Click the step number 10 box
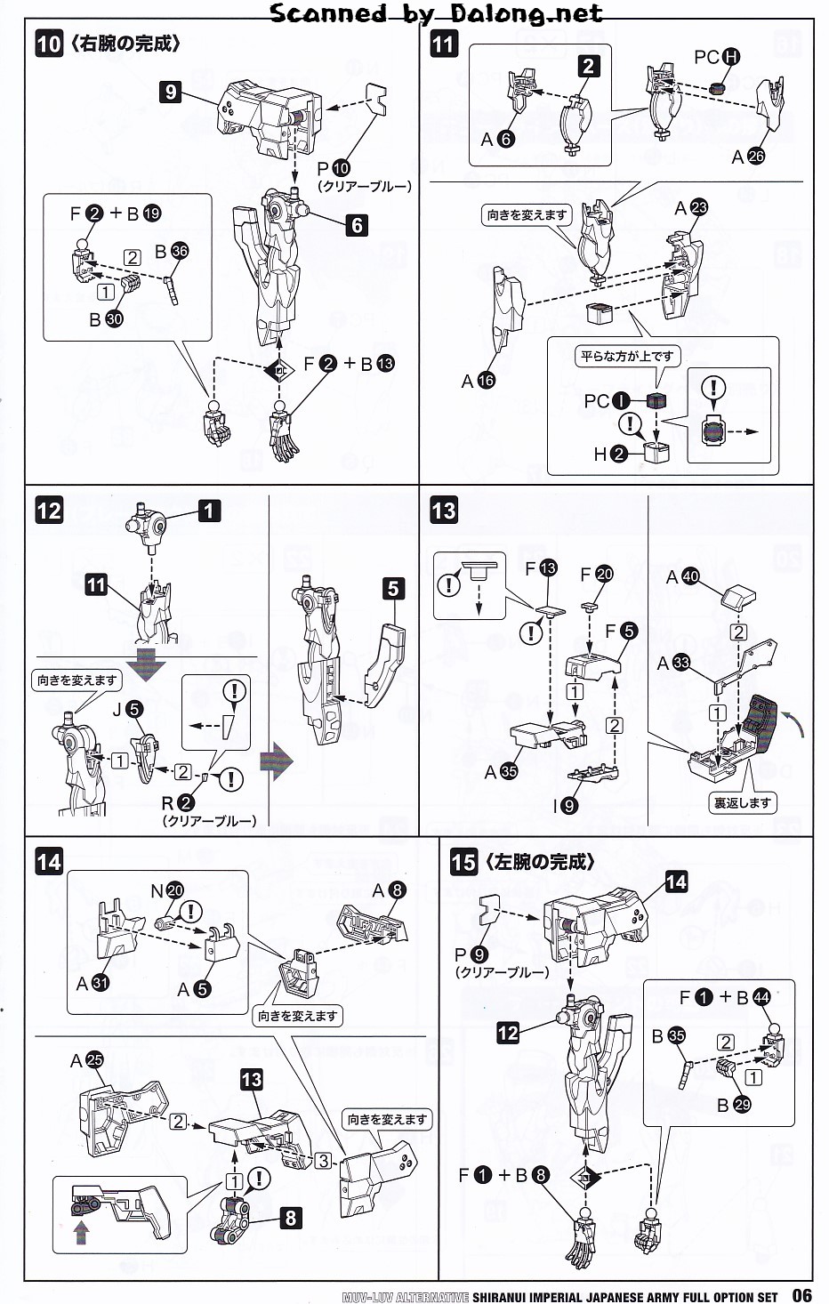[x=49, y=44]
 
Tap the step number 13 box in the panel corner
[x=443, y=510]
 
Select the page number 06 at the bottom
[x=801, y=1295]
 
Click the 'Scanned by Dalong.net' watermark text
[x=436, y=13]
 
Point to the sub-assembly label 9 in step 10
[x=170, y=91]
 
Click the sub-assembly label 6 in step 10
[x=357, y=225]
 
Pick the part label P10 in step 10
[x=334, y=168]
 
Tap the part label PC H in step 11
[x=717, y=57]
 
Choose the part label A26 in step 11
[x=747, y=157]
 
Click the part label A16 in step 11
[x=478, y=381]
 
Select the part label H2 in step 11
[x=610, y=454]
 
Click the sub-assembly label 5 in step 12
[x=393, y=588]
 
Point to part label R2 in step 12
[x=177, y=802]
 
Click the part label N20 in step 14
[x=166, y=890]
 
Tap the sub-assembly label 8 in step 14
[x=290, y=1217]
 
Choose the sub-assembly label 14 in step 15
[x=676, y=881]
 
